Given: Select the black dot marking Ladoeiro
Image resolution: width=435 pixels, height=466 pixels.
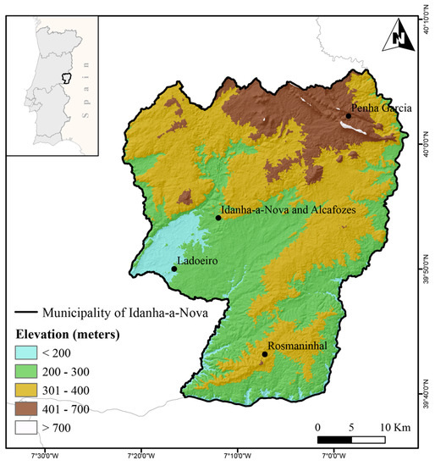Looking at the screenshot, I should [x=174, y=269].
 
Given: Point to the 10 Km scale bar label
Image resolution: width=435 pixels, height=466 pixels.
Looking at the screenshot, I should [x=395, y=426].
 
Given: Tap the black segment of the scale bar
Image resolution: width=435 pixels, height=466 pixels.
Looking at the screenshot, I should [x=334, y=439].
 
